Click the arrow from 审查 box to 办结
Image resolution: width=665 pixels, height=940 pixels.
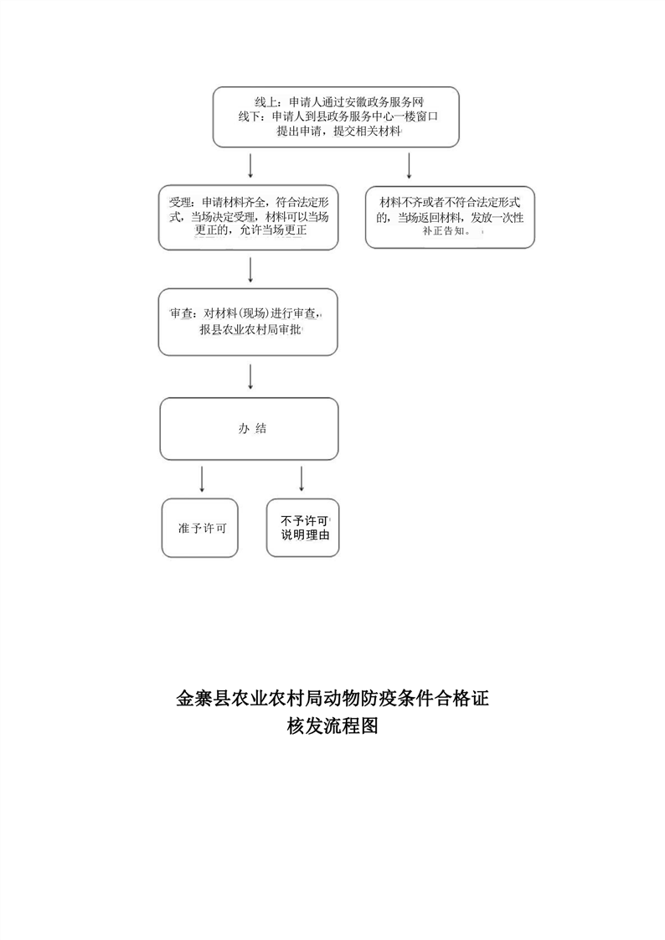[x=250, y=376]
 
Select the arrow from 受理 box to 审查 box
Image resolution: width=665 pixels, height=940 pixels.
[x=250, y=270]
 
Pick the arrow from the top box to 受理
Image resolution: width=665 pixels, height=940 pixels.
[x=250, y=165]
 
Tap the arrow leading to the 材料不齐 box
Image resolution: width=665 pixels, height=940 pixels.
[x=410, y=165]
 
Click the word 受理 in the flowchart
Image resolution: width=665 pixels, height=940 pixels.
[x=179, y=202]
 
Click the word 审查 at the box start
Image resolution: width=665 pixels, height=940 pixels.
[x=181, y=313]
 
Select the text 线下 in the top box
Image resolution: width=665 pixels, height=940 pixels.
[x=250, y=117]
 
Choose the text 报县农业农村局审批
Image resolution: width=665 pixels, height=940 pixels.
[x=250, y=330]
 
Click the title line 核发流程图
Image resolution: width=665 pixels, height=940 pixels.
[x=332, y=726]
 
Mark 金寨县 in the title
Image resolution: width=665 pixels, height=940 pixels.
[x=204, y=699]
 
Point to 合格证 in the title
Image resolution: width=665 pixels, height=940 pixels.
[x=461, y=699]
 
